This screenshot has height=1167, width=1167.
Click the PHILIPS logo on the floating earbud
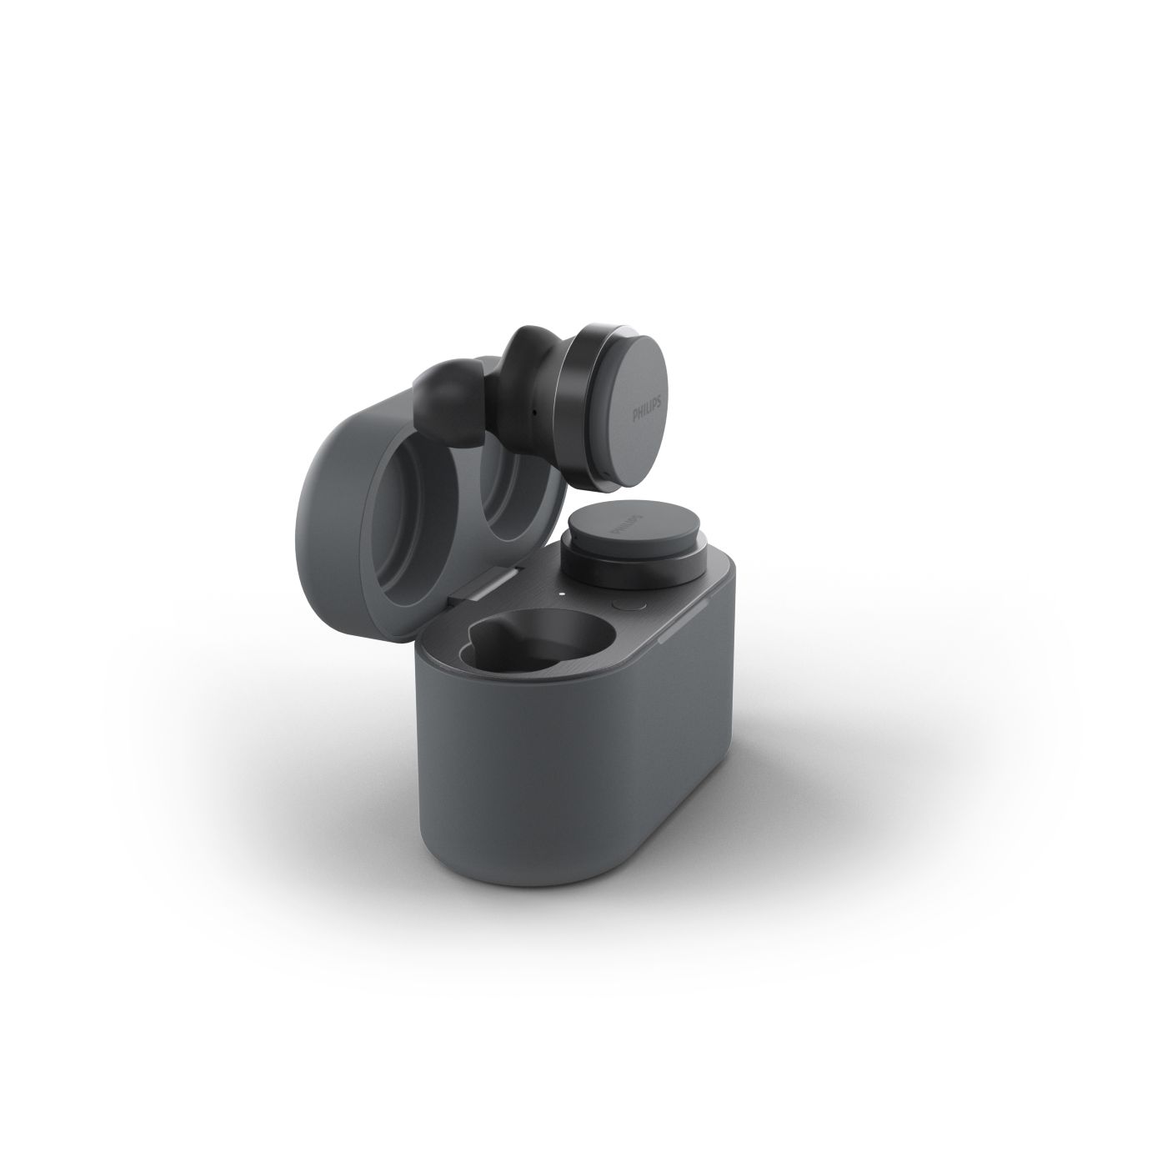[648, 407]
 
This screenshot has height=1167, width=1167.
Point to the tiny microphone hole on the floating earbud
[534, 413]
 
